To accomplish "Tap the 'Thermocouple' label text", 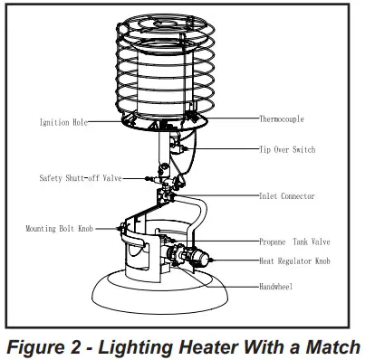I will (x=282, y=118).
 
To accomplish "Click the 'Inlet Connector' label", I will (x=286, y=195).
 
